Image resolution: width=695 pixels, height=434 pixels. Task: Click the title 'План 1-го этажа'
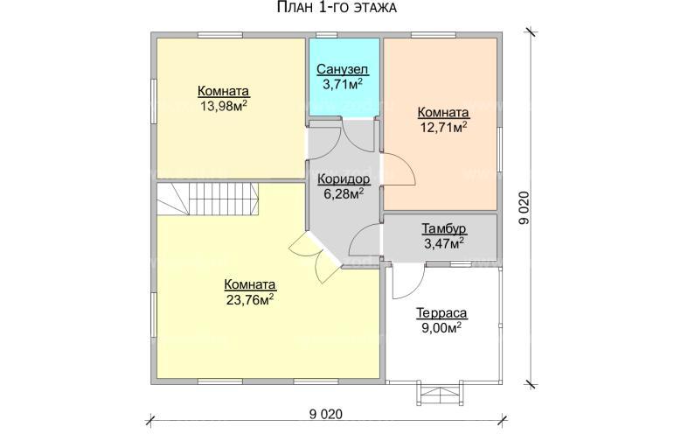click(337, 8)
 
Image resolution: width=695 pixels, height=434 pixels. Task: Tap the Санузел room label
click(343, 70)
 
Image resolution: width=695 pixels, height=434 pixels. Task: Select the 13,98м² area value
click(224, 106)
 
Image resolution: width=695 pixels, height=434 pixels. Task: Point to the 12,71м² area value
click(443, 128)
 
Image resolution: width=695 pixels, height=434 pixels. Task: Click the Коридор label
click(344, 179)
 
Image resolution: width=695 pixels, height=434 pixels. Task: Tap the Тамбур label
click(444, 229)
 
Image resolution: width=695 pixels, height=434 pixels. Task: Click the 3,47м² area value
click(444, 243)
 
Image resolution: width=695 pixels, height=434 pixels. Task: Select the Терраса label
click(441, 313)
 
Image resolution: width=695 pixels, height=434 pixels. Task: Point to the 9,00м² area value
click(441, 328)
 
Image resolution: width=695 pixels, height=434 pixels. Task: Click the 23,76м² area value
click(249, 299)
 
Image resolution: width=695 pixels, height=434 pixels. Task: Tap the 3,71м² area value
click(343, 84)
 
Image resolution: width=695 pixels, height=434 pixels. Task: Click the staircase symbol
click(207, 199)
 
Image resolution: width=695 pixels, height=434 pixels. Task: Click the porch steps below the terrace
click(441, 394)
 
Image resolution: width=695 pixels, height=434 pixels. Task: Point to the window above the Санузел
click(327, 35)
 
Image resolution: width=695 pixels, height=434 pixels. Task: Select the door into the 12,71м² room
click(399, 169)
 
